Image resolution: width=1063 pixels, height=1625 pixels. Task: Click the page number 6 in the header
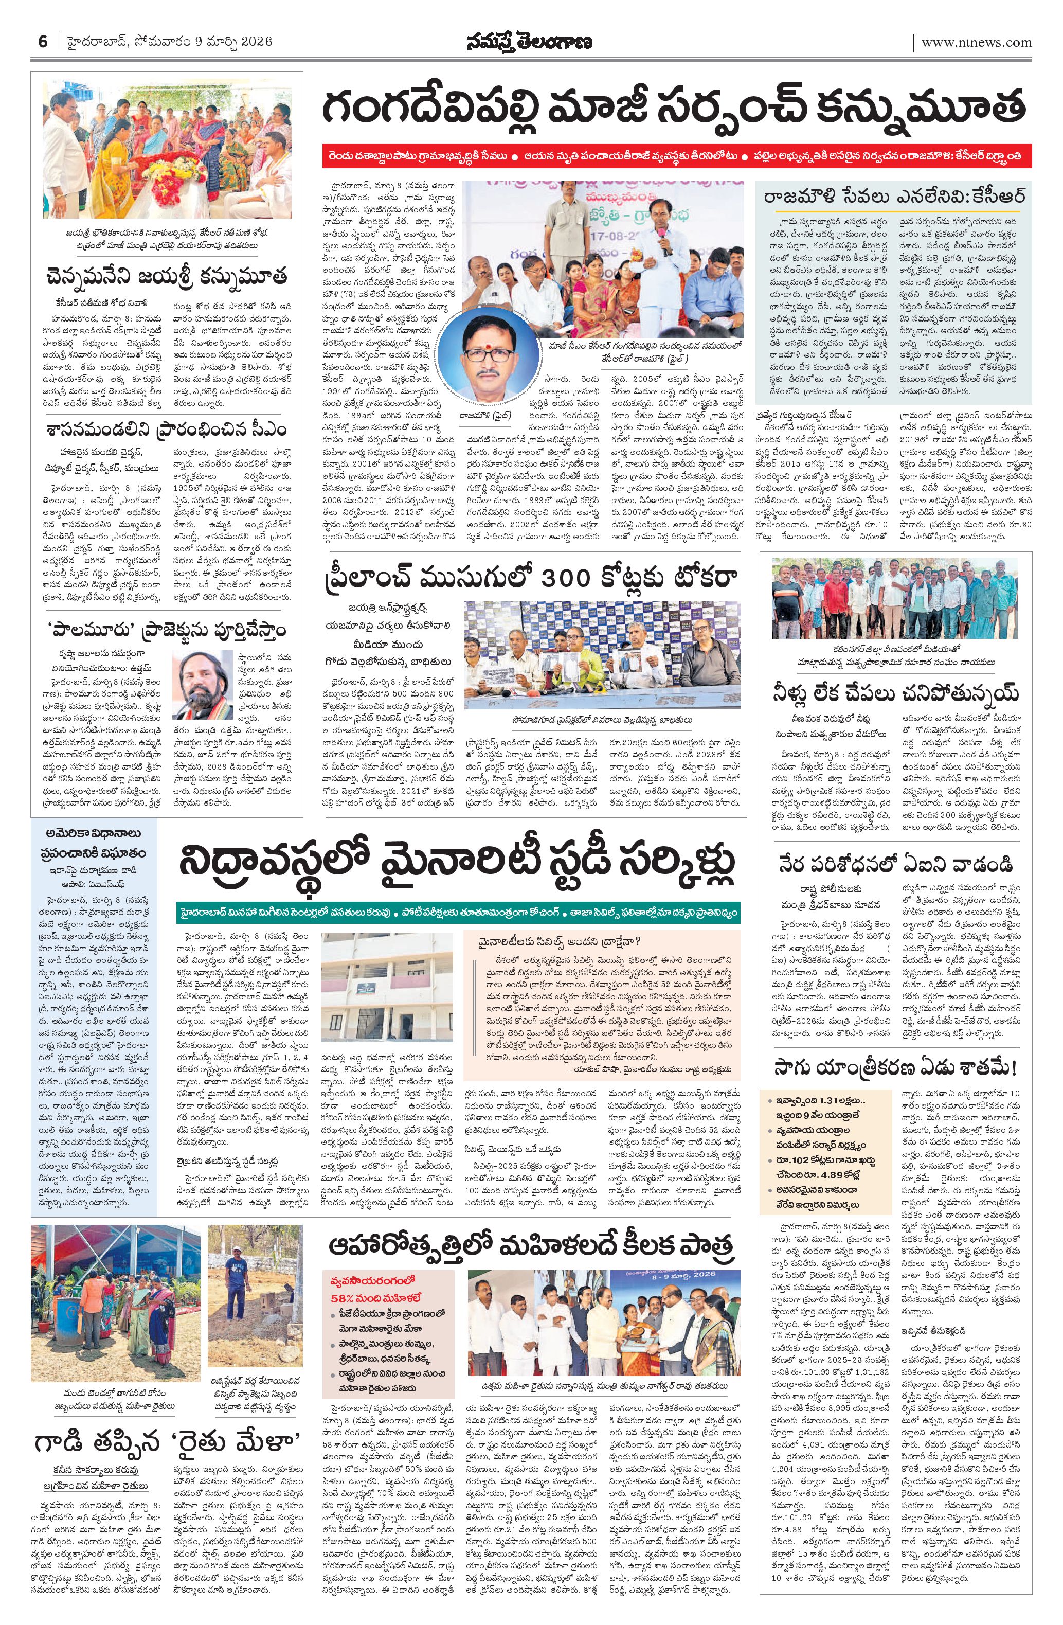42,42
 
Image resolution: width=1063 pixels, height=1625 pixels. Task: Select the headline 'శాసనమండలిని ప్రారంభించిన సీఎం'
167,430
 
